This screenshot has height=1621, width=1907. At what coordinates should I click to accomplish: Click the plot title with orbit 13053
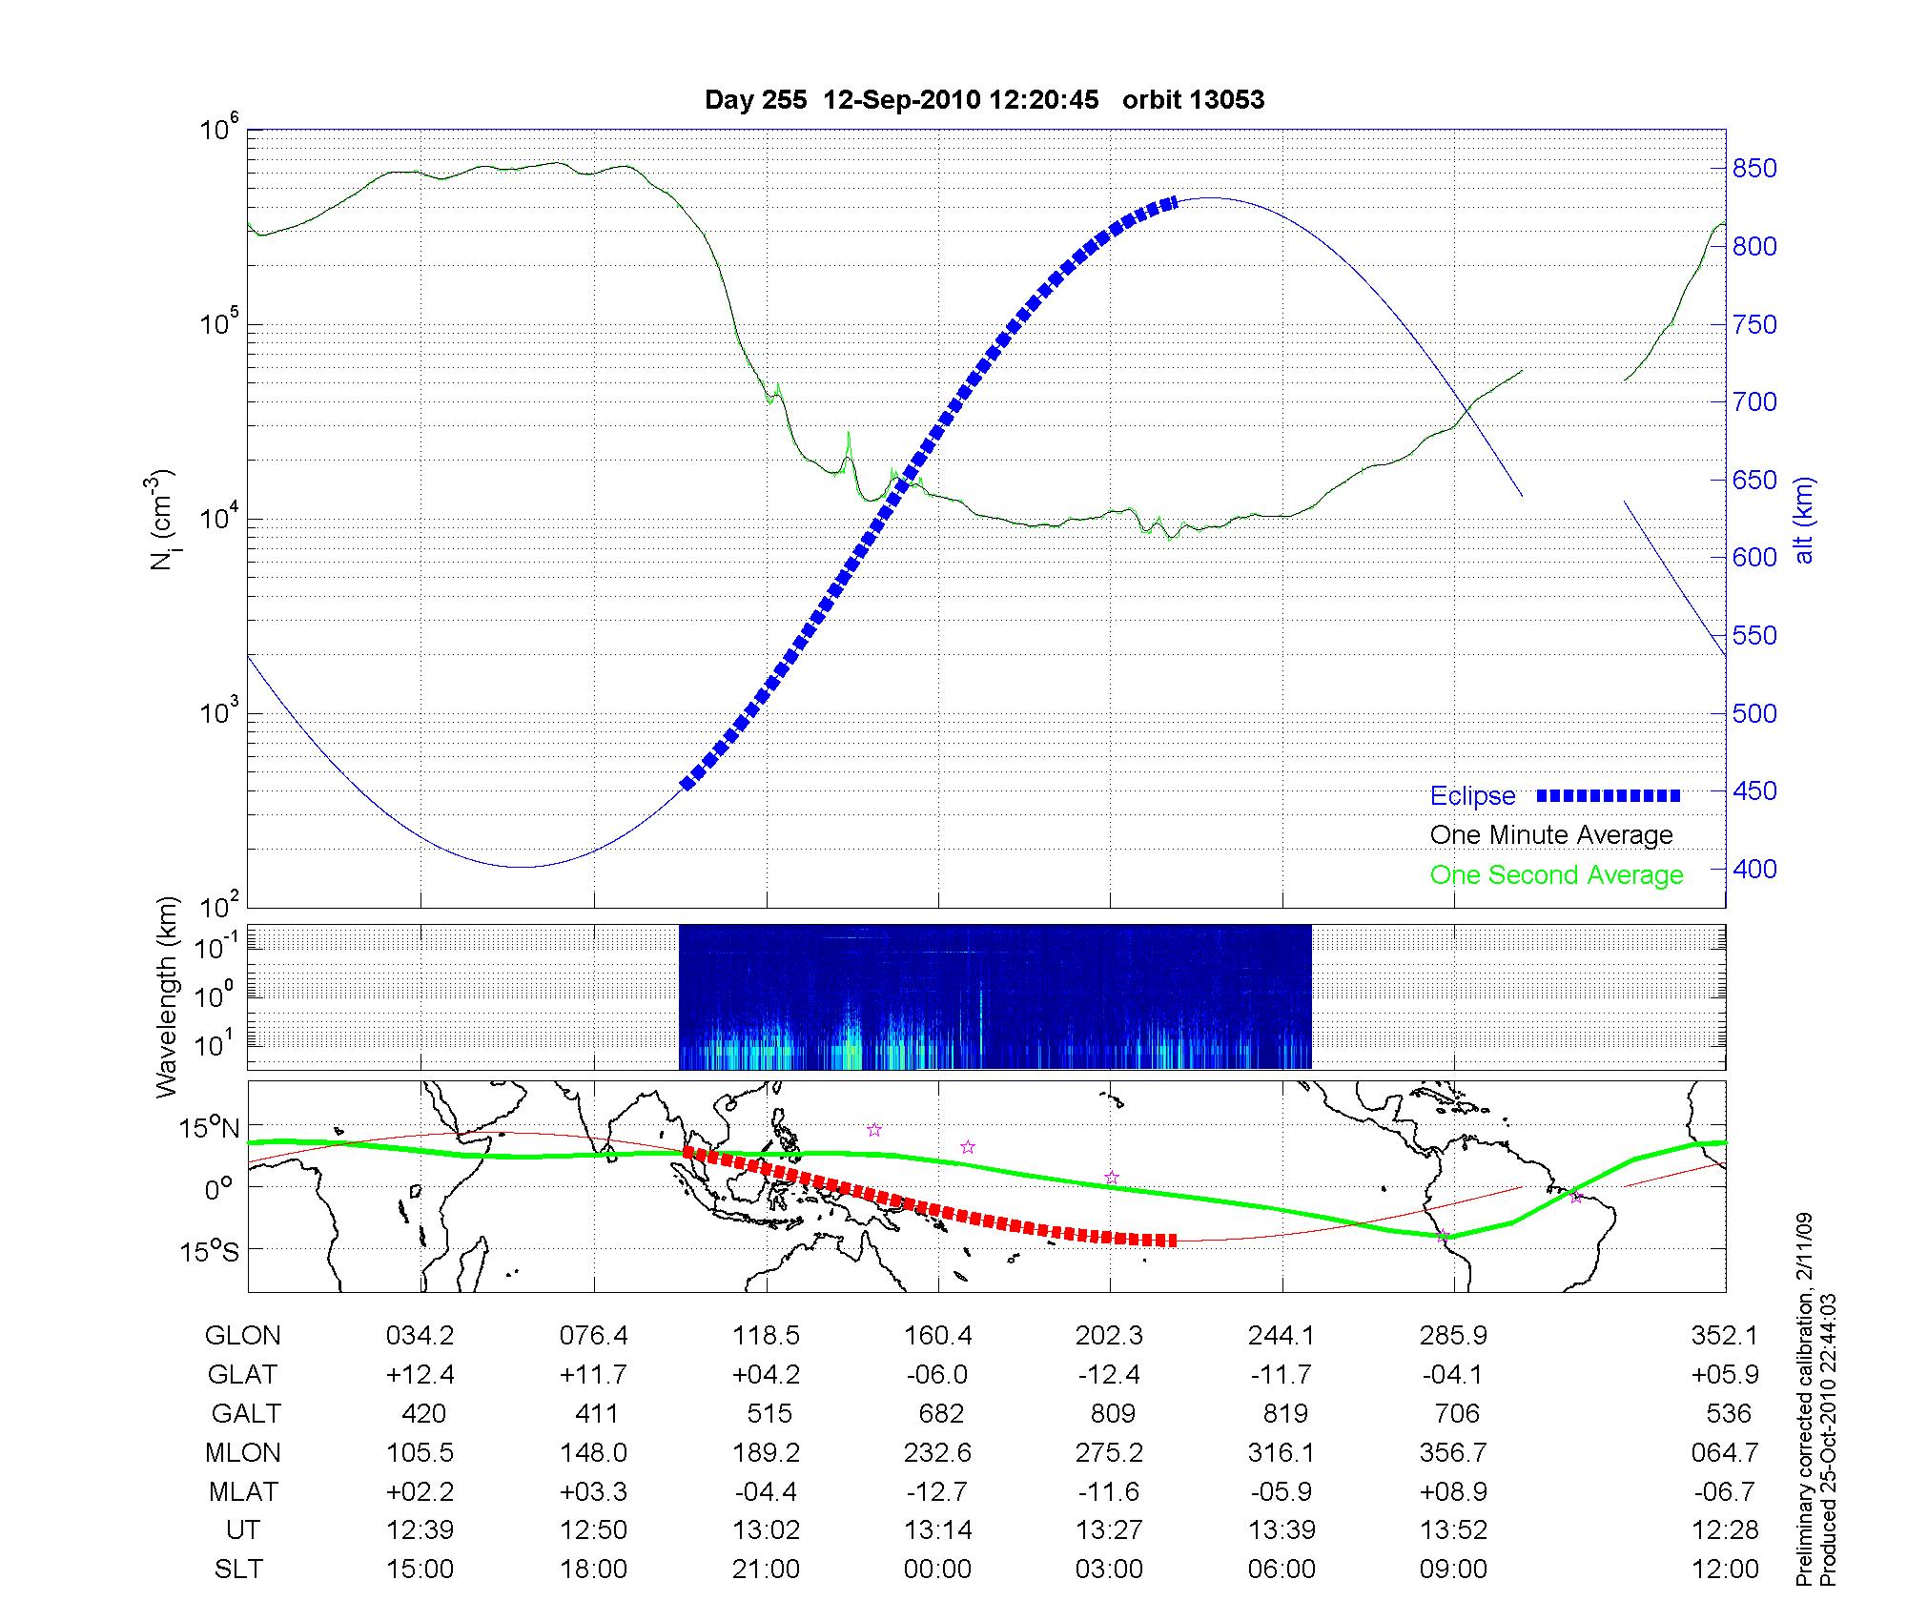coord(984,100)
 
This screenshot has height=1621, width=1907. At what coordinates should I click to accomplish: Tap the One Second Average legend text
coord(1556,875)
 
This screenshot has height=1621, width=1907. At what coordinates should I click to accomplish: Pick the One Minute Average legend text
coord(1551,835)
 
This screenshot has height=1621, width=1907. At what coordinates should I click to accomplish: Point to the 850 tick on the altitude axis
coord(1754,169)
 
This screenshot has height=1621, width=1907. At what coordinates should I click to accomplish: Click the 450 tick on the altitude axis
coord(1754,791)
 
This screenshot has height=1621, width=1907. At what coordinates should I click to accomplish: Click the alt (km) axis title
coord(1803,520)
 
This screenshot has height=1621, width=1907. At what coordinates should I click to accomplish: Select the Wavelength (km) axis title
coord(168,996)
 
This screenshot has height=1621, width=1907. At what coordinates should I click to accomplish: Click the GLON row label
coord(242,1336)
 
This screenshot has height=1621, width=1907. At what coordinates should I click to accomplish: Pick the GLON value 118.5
coord(766,1336)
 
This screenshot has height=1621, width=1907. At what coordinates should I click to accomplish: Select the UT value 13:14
coord(938,1530)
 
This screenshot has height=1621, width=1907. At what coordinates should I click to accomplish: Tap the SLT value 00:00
coord(938,1570)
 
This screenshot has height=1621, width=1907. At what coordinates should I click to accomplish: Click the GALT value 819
coord(1282,1413)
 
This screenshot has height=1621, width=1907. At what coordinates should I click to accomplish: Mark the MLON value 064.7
coord(1724,1452)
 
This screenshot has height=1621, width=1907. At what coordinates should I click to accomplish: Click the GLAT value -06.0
coord(938,1375)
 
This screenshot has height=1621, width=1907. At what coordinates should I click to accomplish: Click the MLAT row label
coord(242,1491)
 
